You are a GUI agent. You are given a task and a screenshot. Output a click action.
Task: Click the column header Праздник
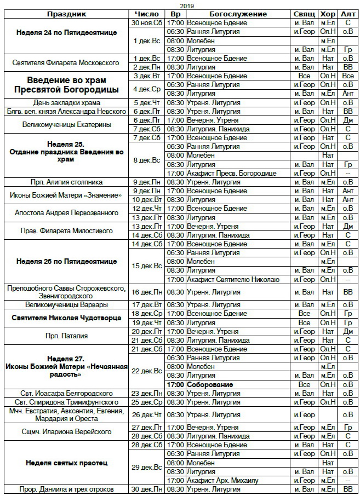(x=65, y=14)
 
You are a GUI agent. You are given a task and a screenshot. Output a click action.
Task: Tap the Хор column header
(x=328, y=14)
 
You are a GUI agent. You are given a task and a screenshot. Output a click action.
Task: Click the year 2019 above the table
(x=180, y=5)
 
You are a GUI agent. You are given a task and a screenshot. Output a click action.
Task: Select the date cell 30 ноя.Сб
(x=147, y=23)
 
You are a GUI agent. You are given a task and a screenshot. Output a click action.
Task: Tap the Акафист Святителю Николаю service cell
(x=232, y=279)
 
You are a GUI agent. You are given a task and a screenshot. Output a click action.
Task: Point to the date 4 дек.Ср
(x=147, y=89)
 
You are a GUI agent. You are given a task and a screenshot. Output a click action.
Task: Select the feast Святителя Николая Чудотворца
(x=65, y=318)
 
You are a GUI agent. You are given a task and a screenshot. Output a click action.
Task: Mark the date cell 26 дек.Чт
(x=147, y=414)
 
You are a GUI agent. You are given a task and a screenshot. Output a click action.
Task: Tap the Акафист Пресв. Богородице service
(x=233, y=173)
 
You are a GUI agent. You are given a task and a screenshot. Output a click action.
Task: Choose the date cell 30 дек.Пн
(x=147, y=489)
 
